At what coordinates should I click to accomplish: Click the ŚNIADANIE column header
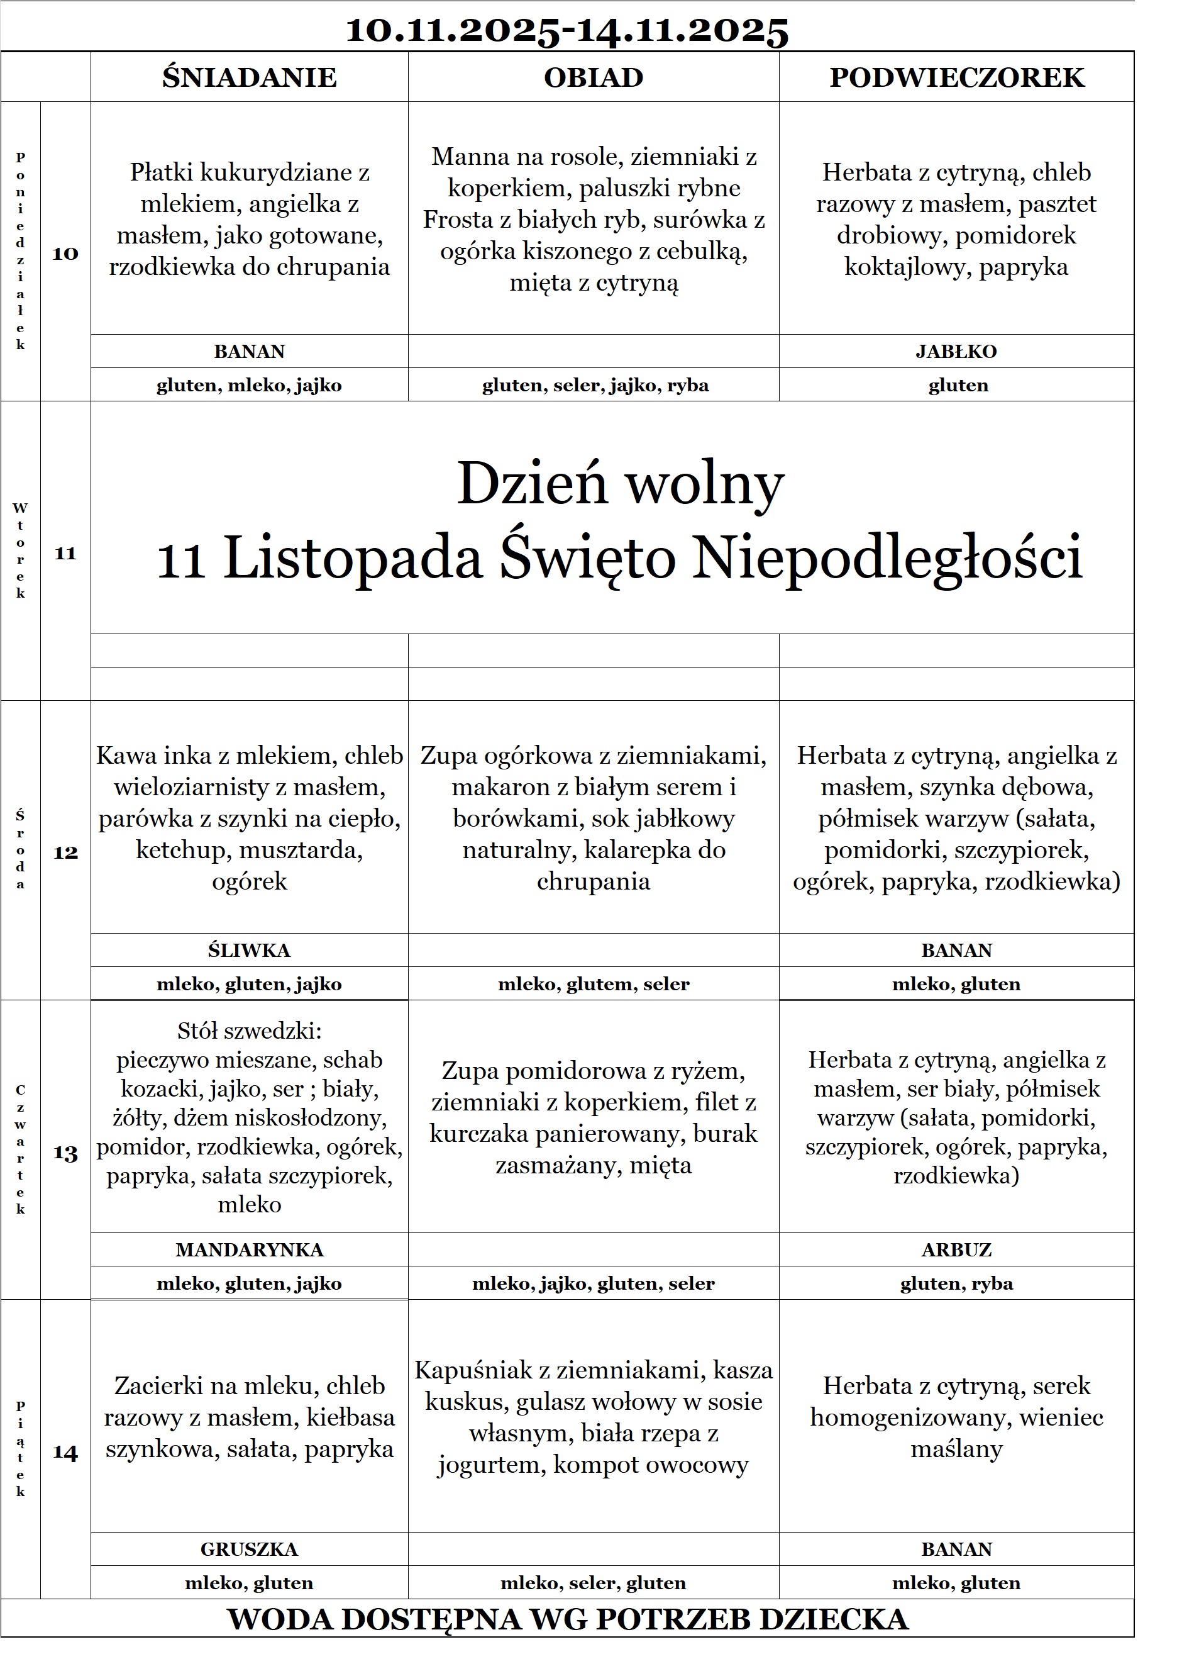(x=249, y=77)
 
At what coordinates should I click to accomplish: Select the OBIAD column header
(x=594, y=77)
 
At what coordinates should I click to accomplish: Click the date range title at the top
(x=566, y=31)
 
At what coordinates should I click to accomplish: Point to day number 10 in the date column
(x=65, y=254)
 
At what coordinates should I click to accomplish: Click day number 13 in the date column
(x=65, y=1153)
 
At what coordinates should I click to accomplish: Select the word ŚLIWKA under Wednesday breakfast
(x=249, y=951)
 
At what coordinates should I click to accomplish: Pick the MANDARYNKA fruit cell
(x=249, y=1249)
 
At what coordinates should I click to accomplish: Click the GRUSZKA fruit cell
(x=249, y=1549)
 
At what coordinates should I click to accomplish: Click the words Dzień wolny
(x=620, y=483)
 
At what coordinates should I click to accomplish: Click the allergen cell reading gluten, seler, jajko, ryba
(x=595, y=386)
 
